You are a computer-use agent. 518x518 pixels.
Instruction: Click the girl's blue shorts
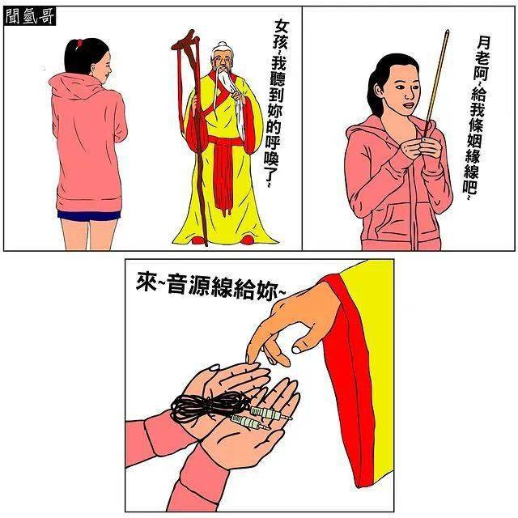tap(89, 215)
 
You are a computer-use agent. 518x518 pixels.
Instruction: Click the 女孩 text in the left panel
tap(282, 36)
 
